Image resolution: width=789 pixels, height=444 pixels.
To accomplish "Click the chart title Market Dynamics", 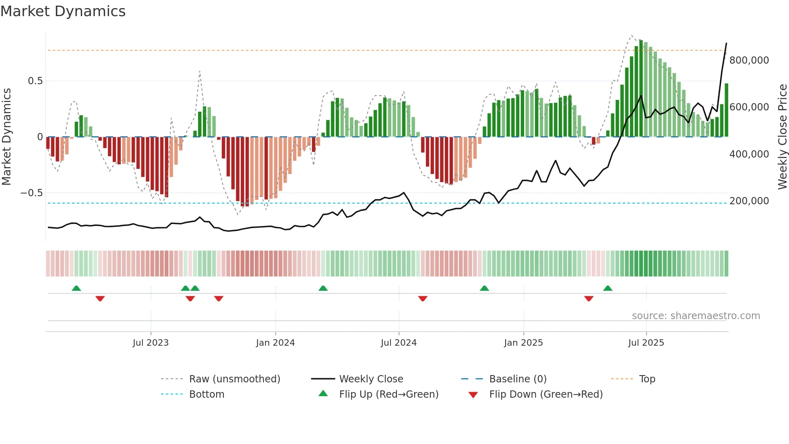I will (63, 11).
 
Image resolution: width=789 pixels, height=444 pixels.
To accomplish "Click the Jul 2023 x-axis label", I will (151, 343).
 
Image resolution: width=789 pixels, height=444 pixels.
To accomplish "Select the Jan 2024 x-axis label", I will (275, 343).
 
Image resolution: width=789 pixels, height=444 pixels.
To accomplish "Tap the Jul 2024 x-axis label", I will (399, 343).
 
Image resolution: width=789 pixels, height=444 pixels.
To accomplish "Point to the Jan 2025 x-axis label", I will (523, 343).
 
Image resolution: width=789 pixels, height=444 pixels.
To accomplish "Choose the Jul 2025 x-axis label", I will (646, 343).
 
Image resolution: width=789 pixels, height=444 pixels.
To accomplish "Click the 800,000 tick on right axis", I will (749, 60).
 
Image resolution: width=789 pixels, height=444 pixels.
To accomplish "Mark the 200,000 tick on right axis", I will (749, 201).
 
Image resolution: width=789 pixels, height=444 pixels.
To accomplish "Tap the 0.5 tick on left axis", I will (35, 81).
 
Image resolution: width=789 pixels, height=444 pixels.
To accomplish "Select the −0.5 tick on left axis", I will (32, 193).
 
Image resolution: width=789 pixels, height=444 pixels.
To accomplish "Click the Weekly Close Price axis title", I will (782, 137).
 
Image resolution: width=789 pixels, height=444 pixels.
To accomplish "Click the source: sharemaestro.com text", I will (696, 316).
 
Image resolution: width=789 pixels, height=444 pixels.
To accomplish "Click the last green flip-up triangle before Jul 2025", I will (608, 288).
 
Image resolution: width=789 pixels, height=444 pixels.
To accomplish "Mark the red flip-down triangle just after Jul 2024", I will (423, 299).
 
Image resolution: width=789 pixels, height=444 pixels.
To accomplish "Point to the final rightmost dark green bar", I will (727, 110).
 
